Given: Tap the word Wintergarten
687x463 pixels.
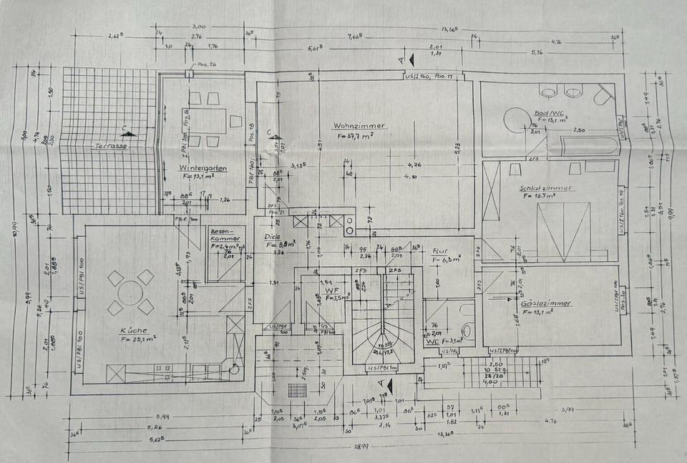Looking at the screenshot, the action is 203,168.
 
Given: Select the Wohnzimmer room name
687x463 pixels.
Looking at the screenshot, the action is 359,125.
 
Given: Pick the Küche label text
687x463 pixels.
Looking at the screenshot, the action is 134,331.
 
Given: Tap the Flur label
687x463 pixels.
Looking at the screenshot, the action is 440,252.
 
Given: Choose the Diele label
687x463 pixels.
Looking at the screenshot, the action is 272,236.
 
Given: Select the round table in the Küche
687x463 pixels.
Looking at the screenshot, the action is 130,293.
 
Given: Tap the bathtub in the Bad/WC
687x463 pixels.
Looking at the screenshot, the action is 589,146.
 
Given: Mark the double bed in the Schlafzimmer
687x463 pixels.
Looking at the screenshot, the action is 564,229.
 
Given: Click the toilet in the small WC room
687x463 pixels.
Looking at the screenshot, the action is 467,330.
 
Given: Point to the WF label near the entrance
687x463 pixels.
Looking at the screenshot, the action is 331,291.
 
